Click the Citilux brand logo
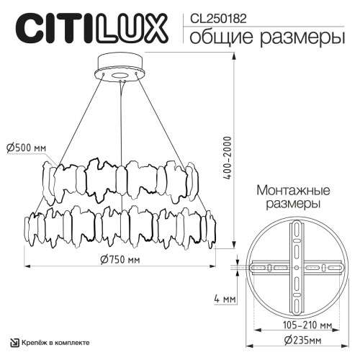point(90,29)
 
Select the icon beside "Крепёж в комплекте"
point(12,341)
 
